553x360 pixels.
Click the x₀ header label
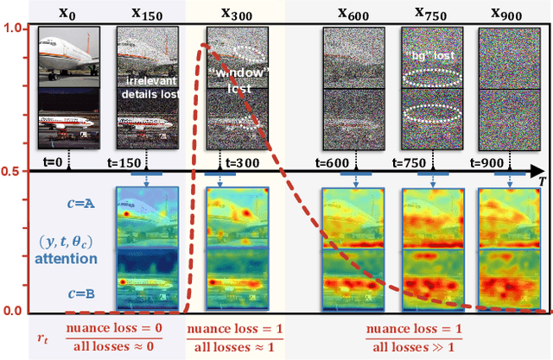coord(66,15)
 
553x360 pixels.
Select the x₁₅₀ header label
coord(148,13)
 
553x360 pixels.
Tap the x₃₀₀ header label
coord(233,14)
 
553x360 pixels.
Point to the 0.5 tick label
coord(13,171)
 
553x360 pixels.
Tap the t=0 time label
coord(65,161)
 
